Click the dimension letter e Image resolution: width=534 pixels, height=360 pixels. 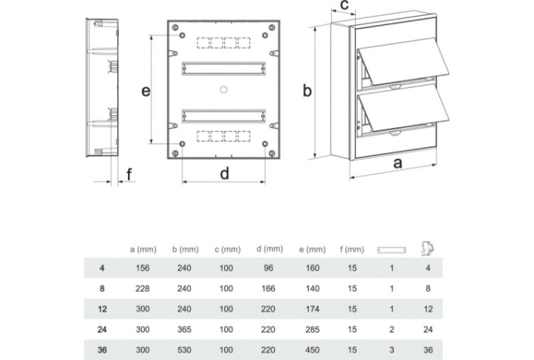coord(145,92)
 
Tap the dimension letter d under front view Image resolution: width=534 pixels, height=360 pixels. coord(224,174)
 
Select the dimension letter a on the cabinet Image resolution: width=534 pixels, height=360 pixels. coord(398,164)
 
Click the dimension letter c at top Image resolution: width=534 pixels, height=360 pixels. coord(345,5)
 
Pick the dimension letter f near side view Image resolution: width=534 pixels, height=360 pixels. coord(129,174)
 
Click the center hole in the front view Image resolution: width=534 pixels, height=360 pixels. coord(223,89)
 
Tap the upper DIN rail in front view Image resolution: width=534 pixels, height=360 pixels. coord(223,68)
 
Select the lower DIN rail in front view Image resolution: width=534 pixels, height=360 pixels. coord(223,116)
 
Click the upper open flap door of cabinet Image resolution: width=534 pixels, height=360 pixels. coord(404,61)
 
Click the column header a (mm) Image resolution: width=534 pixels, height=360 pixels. coord(143,249)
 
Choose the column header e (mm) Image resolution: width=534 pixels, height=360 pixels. coord(312,249)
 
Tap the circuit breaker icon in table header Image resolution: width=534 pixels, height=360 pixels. coord(428,248)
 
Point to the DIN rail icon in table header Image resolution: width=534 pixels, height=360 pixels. coord(392,250)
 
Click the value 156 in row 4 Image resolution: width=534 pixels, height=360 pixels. coord(142,268)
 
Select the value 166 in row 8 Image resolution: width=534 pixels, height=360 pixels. coord(268,289)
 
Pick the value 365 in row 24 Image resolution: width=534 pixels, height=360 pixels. coord(184,330)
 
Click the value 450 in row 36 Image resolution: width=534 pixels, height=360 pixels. coord(312,350)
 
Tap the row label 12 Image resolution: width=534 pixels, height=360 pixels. coord(102,309)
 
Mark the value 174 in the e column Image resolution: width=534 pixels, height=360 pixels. coord(312,309)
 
